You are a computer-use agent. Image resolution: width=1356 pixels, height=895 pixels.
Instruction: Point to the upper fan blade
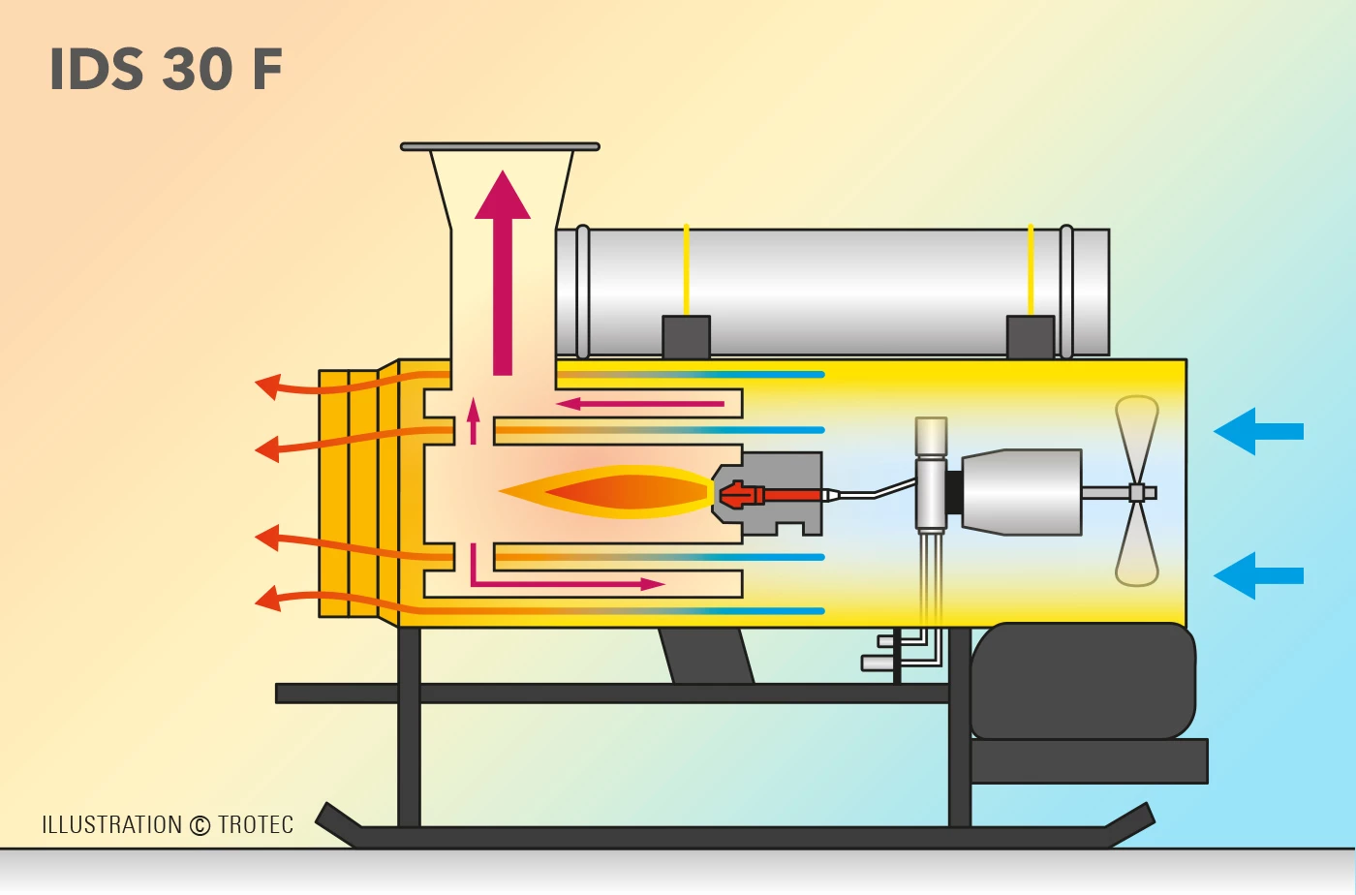[x=1137, y=436]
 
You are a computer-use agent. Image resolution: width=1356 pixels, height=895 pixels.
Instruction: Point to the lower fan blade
[x=1137, y=547]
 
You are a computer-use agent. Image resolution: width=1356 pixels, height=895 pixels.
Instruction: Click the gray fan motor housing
[x=1022, y=492]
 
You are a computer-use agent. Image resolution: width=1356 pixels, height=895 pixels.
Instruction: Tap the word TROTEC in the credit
[x=256, y=825]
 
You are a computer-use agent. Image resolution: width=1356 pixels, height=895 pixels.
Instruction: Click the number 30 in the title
[x=198, y=70]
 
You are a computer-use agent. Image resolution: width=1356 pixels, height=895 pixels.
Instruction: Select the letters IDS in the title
[x=99, y=70]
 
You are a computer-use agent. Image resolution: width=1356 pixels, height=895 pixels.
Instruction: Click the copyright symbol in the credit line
[x=200, y=826]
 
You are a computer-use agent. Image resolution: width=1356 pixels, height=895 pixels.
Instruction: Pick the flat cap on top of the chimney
[x=500, y=146]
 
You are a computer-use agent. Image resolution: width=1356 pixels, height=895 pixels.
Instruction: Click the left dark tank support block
[x=686, y=337]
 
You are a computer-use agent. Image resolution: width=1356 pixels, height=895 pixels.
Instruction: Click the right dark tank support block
[x=1031, y=337]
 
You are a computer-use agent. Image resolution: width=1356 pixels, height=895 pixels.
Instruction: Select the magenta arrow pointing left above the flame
[x=639, y=403]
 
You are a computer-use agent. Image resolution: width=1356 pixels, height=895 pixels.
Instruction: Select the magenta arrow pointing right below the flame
[x=581, y=583]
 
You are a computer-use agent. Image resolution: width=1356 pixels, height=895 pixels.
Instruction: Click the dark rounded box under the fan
[x=1083, y=681]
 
